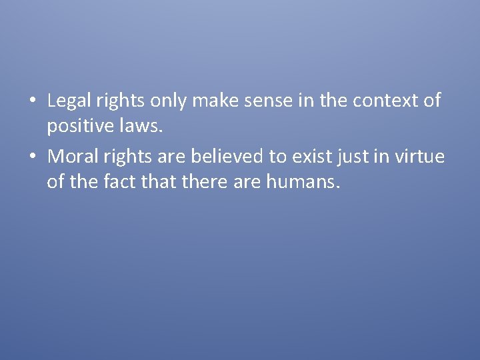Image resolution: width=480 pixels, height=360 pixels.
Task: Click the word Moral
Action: [69, 157]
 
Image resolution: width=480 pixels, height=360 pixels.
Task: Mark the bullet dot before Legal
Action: [32, 101]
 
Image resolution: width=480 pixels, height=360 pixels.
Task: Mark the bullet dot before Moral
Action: [32, 157]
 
